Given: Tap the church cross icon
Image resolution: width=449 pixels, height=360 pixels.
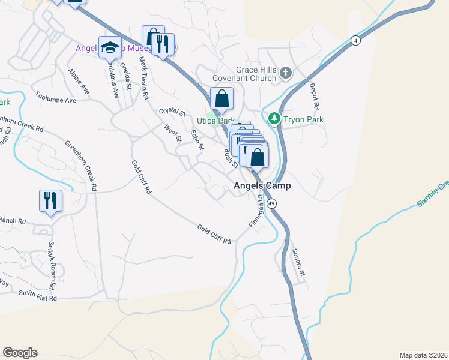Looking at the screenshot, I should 286,74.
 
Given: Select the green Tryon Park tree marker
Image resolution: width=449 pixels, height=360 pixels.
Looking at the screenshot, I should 275,119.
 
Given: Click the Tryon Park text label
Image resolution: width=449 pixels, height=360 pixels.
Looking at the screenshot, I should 304,119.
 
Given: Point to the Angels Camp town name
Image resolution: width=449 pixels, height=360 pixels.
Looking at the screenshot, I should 262,186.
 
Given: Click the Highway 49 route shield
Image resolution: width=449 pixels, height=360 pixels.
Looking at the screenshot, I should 273,205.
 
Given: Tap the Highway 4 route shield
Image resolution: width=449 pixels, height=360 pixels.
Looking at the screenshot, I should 356,41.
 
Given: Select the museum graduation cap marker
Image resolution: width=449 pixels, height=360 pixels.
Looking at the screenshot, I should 110,47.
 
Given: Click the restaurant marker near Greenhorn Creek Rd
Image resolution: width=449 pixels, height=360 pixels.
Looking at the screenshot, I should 50,200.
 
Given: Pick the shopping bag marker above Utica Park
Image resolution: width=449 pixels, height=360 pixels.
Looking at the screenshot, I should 221,99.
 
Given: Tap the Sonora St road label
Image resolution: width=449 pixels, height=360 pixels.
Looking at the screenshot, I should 298,262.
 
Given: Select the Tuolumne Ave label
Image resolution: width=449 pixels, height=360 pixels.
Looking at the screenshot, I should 55,97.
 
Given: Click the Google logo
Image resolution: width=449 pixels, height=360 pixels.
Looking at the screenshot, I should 20,353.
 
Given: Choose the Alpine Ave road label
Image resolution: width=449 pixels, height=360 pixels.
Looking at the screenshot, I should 79,82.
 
